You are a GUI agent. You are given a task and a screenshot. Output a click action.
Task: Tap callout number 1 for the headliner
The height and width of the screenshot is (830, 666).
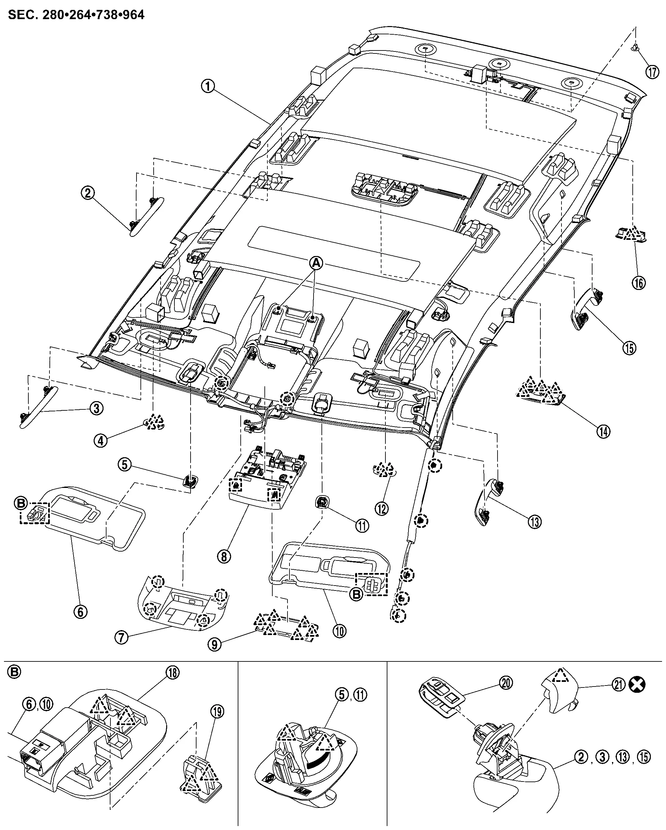[208, 86]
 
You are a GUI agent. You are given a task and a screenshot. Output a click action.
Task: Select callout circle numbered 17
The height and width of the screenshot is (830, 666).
[652, 72]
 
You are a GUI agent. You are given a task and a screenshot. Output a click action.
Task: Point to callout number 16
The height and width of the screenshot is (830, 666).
[639, 283]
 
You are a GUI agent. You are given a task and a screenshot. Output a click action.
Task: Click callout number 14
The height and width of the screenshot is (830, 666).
[603, 431]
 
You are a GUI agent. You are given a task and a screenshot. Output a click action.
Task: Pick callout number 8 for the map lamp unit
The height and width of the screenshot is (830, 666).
[224, 556]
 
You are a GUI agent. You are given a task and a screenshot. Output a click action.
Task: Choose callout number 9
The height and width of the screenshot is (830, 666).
[215, 645]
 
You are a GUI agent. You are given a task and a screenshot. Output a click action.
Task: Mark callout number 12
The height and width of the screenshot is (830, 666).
[382, 509]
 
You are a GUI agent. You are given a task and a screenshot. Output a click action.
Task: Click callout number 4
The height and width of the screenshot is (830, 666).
[101, 440]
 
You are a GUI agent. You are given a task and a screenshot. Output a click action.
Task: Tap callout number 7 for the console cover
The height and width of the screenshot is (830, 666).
[121, 638]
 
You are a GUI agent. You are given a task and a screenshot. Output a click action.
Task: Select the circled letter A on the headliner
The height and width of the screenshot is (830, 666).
[316, 263]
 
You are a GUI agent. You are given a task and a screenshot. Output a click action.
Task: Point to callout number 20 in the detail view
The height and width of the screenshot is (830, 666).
[506, 683]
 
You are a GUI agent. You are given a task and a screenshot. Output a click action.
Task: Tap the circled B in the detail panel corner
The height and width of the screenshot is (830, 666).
[14, 672]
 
